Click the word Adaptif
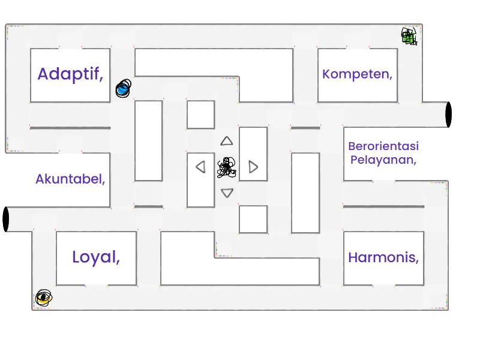click(x=70, y=74)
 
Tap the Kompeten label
click(x=357, y=74)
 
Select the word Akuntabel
click(x=70, y=179)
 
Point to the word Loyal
click(x=96, y=257)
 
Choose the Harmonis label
click(x=383, y=257)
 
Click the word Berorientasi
click(x=383, y=146)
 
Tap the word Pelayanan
click(x=383, y=160)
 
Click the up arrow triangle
click(x=227, y=141)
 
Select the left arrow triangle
click(x=201, y=167)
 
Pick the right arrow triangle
click(x=253, y=167)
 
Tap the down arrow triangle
click(x=227, y=193)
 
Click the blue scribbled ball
click(x=124, y=88)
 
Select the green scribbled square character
click(x=409, y=36)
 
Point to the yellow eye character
click(x=44, y=298)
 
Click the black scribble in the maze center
click(x=227, y=167)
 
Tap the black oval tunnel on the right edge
click(x=448, y=115)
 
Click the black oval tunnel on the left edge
click(x=6, y=219)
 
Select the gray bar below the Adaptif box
click(x=70, y=128)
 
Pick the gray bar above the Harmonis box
click(x=383, y=206)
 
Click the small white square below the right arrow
click(x=253, y=219)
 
